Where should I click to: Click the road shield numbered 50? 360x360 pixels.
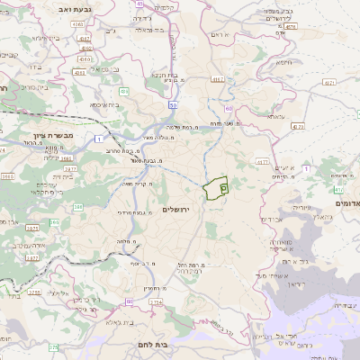click(171, 104)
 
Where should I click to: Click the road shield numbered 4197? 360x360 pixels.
click(217, 79)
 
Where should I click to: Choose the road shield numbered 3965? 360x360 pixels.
click(7, 176)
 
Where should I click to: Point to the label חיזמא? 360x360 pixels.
click(284, 63)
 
